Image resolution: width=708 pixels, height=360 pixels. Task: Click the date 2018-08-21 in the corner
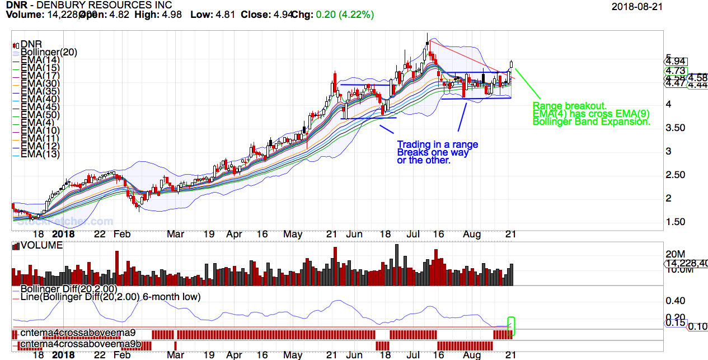click(637, 6)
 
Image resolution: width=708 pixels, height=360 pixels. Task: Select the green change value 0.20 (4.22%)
click(345, 15)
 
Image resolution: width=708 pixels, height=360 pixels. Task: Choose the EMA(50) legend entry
click(40, 115)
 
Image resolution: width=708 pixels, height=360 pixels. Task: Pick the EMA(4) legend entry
click(37, 123)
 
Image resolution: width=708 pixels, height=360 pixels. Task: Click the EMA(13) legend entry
click(40, 154)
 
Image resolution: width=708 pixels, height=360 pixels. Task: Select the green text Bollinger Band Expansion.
click(591, 121)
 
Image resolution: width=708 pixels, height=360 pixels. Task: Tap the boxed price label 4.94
click(676, 62)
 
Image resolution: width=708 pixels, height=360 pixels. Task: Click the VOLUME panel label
click(41, 245)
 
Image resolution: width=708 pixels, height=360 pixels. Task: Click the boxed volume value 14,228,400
click(686, 264)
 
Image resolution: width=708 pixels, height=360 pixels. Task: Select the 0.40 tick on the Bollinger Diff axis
click(675, 301)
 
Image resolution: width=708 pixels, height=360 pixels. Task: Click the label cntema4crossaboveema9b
click(70, 344)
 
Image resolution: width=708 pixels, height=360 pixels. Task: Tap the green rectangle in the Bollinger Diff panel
click(511, 326)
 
